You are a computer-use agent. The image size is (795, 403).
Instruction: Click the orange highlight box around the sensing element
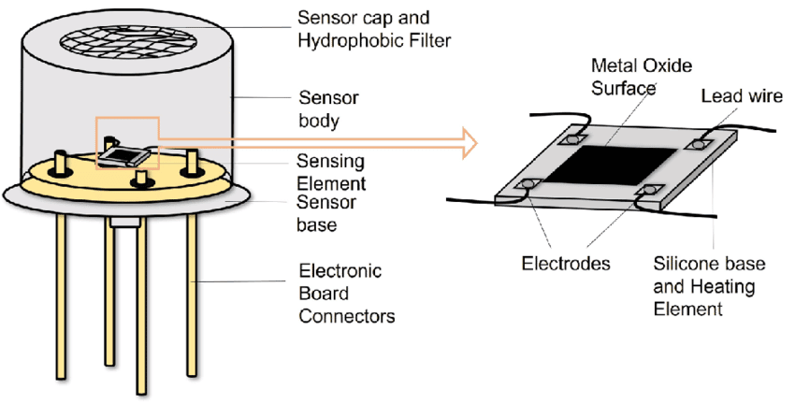pyautogui.click(x=129, y=142)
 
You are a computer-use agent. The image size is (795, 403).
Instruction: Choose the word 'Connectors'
pyautogui.click(x=346, y=315)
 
